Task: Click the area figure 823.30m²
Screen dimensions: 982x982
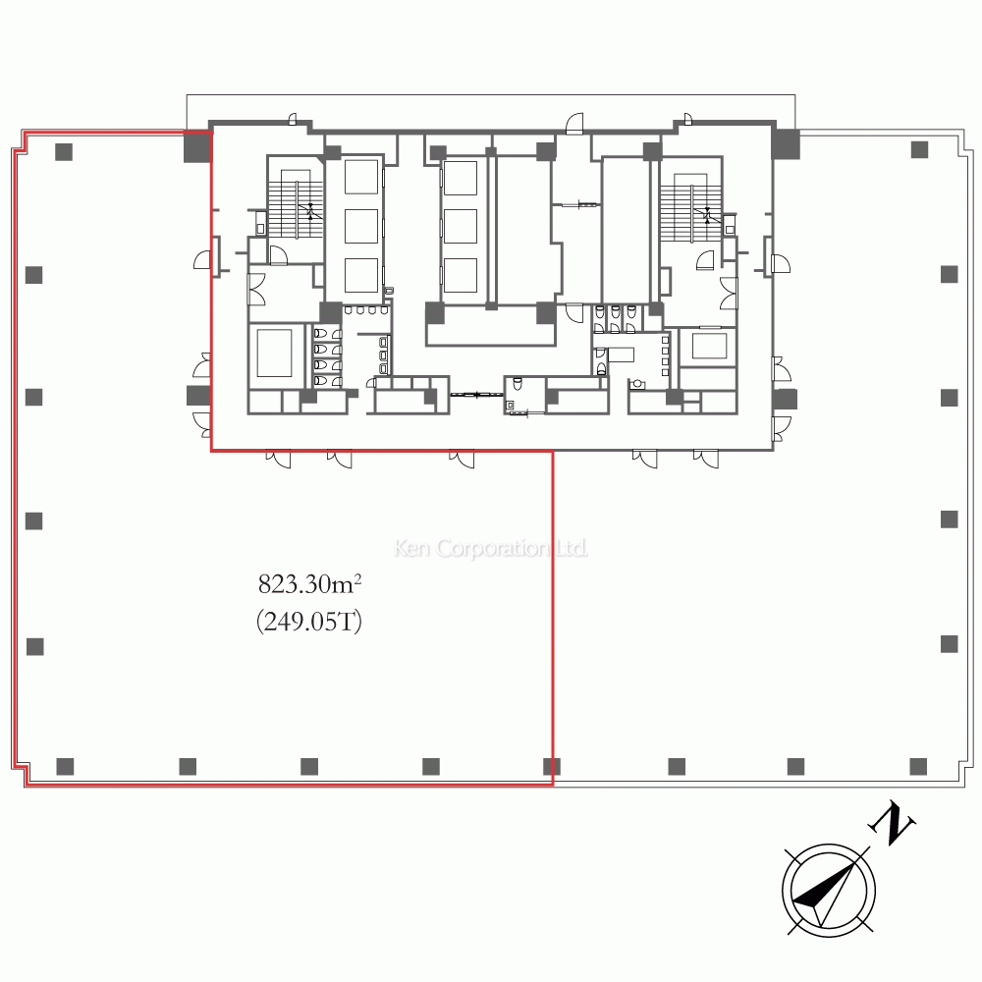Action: [309, 584]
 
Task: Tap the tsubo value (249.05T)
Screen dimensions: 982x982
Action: [309, 622]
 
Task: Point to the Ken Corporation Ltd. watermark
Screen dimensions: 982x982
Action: [491, 549]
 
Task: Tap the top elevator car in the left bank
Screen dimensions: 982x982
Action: [361, 177]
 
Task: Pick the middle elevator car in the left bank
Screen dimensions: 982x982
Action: [361, 226]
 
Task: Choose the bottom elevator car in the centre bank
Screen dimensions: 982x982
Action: [461, 275]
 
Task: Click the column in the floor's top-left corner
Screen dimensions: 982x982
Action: [64, 152]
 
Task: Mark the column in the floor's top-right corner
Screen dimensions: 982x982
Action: [919, 149]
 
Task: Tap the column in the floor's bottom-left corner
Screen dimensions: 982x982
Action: [65, 767]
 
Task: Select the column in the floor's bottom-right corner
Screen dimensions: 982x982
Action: [918, 767]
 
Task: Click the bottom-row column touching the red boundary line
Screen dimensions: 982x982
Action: [552, 767]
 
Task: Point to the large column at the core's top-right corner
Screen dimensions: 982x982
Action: [786, 144]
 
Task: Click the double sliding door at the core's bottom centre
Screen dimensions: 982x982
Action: [476, 395]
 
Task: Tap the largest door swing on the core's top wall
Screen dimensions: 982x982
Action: [574, 124]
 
